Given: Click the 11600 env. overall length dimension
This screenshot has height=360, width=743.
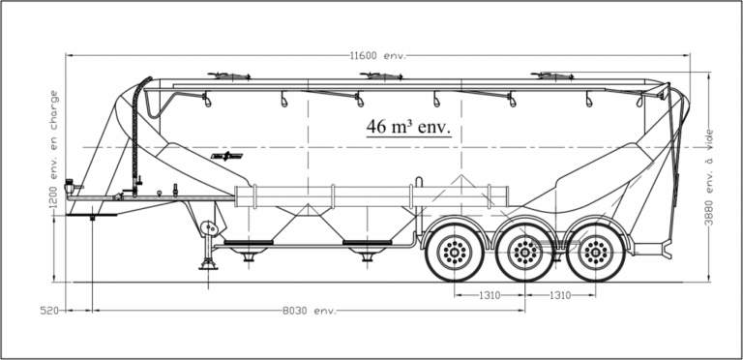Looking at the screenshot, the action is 378,55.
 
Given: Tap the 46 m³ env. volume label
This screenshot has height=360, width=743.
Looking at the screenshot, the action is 408,127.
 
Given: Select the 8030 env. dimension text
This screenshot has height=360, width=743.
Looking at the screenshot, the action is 310,311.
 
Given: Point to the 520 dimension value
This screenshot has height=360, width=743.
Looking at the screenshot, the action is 49,311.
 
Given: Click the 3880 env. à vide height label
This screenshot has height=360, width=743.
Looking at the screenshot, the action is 709,177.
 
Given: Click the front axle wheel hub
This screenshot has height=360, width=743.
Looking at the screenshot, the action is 455,252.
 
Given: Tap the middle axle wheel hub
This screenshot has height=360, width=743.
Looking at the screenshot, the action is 525,252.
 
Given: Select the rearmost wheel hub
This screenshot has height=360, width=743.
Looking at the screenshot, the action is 596,252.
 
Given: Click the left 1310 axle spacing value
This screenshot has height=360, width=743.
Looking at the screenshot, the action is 490,295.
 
